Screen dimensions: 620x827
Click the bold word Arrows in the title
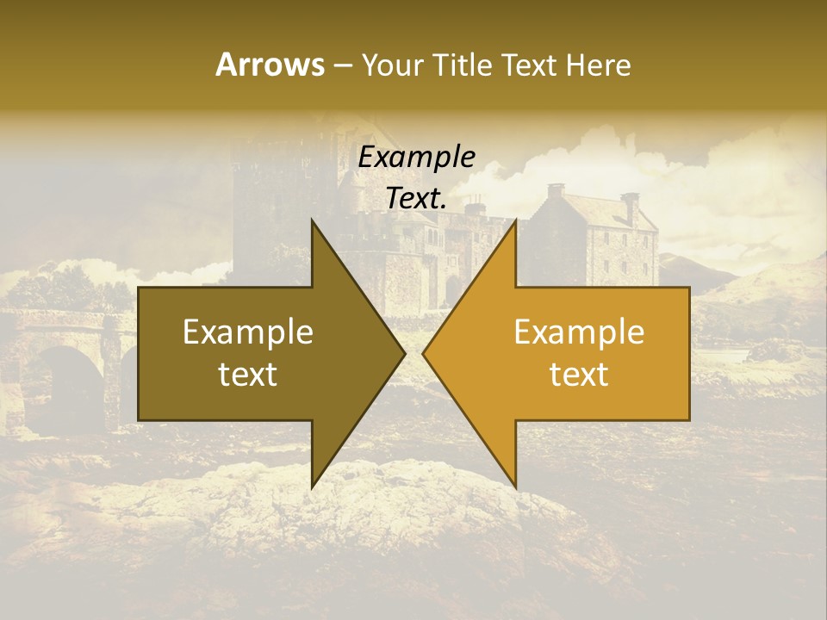click(270, 65)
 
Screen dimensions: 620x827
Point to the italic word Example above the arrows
click(417, 158)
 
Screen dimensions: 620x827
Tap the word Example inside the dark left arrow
click(248, 332)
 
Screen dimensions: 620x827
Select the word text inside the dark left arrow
click(248, 375)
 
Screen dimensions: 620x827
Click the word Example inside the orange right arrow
click(579, 332)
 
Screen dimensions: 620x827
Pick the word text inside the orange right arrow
click(579, 375)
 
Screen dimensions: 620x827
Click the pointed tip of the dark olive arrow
click(405, 354)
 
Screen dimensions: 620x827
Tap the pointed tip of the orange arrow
click(423, 354)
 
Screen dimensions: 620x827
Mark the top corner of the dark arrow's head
click(312, 220)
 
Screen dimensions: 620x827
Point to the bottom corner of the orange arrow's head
click(515, 487)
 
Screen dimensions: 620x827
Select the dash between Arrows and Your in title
click(344, 66)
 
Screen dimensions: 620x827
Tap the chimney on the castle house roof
click(555, 191)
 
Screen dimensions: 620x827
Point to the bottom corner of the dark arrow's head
click(312, 487)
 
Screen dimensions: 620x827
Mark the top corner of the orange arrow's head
click(515, 220)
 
